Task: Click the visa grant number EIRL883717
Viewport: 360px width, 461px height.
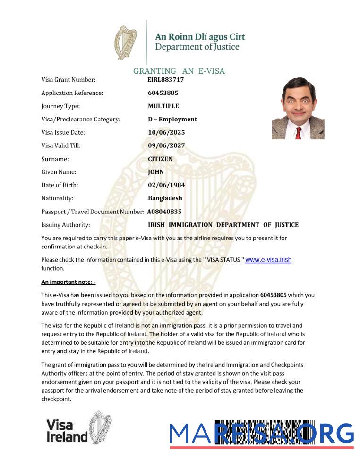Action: [x=166, y=80]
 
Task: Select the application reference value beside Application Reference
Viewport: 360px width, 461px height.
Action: [x=163, y=93]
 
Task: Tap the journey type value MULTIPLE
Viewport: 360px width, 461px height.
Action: [x=163, y=106]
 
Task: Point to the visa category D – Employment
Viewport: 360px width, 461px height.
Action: [x=172, y=120]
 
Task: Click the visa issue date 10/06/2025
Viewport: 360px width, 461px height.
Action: [x=166, y=133]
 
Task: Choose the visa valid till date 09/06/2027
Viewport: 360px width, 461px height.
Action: [x=166, y=145]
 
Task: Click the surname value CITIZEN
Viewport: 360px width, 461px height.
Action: [x=160, y=159]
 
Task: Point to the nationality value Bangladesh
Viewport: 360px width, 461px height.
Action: [x=165, y=198]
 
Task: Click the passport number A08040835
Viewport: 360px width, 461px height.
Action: [x=164, y=212]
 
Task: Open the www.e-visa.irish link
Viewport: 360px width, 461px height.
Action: [x=268, y=259]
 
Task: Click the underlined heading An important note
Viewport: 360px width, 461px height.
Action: [x=69, y=282]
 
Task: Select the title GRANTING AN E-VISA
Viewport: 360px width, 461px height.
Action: [x=179, y=71]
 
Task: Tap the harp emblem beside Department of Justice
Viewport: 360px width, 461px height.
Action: [x=126, y=43]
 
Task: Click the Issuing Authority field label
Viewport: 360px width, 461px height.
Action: [x=65, y=225]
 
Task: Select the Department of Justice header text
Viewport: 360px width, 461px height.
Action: [x=197, y=47]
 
